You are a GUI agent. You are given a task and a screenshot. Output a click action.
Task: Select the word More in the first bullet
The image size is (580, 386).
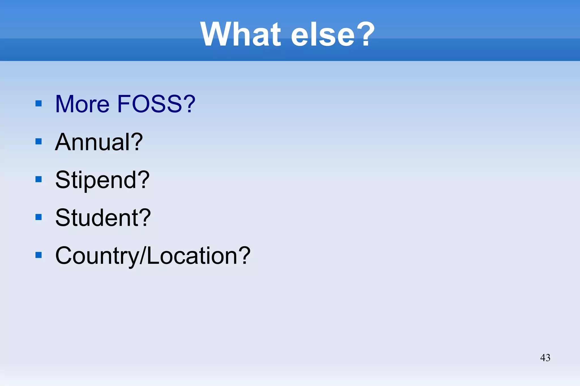coord(82,104)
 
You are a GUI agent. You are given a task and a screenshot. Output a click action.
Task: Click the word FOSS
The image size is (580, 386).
coord(149,104)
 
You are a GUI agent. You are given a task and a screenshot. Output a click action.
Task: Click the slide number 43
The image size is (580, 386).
coord(545,358)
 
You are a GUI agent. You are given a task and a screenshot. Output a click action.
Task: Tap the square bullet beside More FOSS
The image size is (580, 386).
coord(39,103)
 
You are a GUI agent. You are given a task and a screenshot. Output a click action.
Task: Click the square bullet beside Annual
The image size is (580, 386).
coord(39,141)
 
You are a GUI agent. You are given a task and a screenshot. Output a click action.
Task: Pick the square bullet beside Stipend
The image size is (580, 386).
coord(39,179)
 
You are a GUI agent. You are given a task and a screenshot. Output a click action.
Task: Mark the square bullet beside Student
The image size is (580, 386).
coord(39,217)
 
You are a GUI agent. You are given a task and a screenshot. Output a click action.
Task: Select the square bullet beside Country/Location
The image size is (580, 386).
coord(39,255)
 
